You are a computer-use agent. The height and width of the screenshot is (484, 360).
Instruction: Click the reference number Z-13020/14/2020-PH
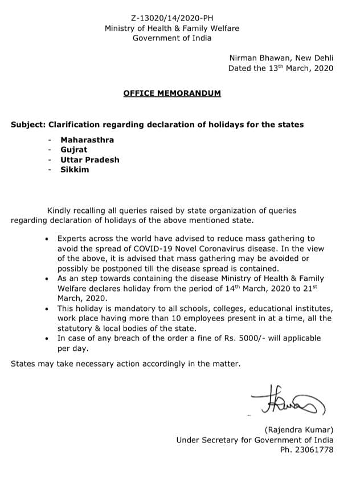click(171, 18)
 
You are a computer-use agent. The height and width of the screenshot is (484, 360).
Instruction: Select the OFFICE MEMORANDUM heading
click(172, 93)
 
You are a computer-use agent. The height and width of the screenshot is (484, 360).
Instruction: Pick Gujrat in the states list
click(74, 150)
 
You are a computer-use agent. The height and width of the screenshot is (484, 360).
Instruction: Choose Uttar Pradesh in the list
click(90, 159)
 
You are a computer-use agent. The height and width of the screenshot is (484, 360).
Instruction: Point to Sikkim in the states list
click(75, 169)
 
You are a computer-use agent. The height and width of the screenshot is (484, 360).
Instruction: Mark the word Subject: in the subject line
click(28, 124)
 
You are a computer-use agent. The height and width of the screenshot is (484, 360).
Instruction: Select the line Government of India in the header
click(171, 38)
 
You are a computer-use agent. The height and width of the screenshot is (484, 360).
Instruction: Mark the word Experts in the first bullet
click(72, 239)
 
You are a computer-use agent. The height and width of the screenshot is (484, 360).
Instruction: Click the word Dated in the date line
click(240, 68)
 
